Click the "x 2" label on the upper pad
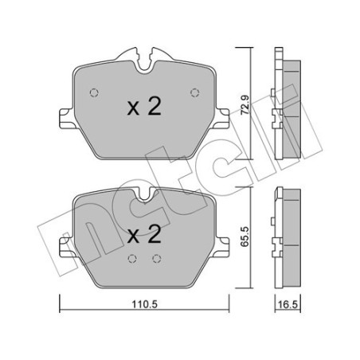144,108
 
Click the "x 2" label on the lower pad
144,235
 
